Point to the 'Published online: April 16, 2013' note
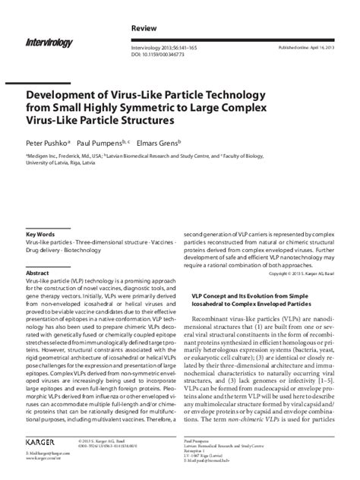318,47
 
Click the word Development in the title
65,90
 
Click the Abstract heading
37,272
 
